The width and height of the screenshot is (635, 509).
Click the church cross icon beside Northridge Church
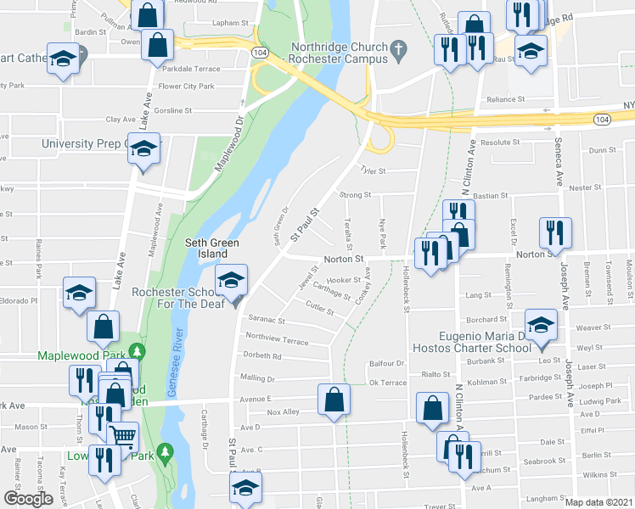(396, 53)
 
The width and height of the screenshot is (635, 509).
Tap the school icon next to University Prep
(143, 148)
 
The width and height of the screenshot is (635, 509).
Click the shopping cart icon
(123, 436)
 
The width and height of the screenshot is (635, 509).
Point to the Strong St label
(356, 195)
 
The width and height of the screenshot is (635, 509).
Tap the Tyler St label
(374, 171)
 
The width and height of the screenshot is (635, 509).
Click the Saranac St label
(265, 322)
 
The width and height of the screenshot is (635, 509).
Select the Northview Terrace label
(276, 338)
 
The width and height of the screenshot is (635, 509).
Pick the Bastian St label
(491, 196)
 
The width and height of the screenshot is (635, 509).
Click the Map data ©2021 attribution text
(598, 502)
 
